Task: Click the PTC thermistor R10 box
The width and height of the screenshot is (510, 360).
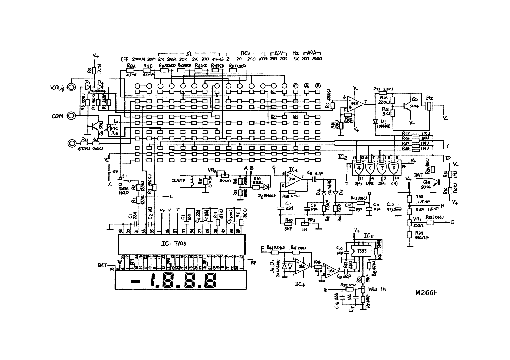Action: click(x=114, y=128)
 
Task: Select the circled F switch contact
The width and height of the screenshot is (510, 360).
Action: click(x=295, y=86)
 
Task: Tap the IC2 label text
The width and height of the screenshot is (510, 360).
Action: click(x=343, y=158)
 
